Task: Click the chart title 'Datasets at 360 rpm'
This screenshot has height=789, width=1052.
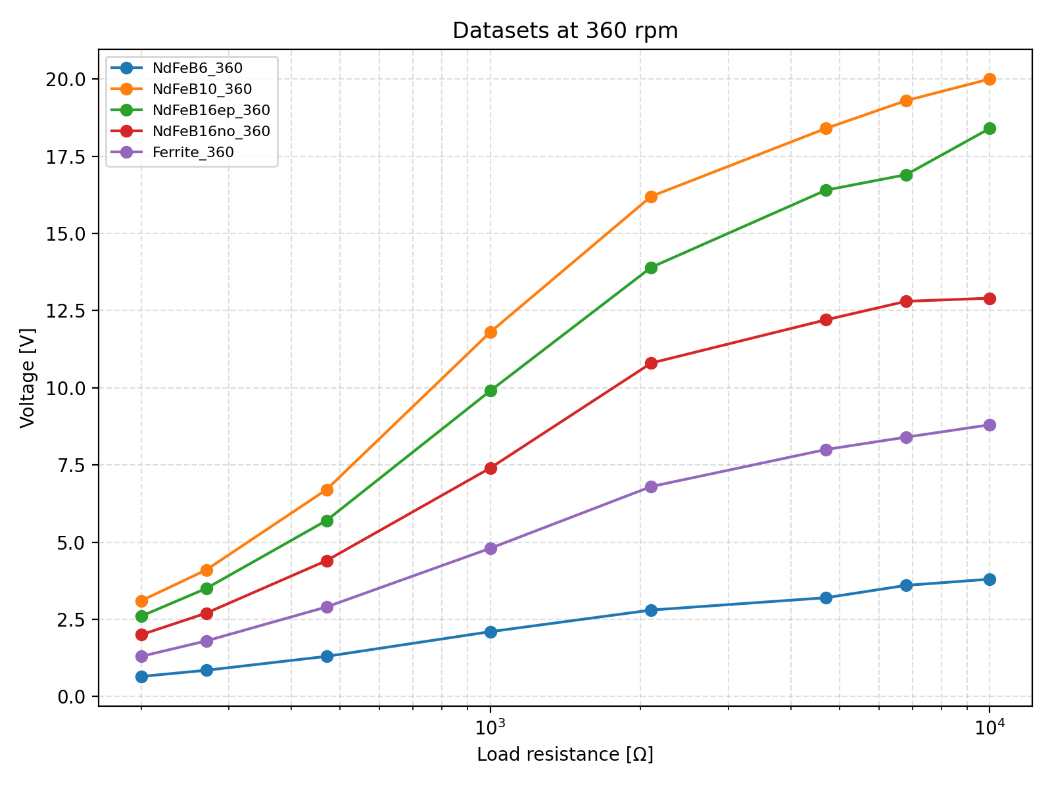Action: coord(565,31)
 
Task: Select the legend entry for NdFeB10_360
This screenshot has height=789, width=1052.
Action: coord(202,89)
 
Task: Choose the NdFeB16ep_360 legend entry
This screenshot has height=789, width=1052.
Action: coord(211,110)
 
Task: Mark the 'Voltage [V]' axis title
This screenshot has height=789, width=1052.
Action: coord(27,377)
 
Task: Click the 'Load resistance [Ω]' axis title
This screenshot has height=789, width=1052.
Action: coord(565,755)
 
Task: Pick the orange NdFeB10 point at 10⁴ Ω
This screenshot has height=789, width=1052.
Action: coord(990,80)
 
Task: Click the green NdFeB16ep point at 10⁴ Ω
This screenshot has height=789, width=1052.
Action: coord(990,129)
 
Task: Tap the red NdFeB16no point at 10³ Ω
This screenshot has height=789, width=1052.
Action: coord(490,468)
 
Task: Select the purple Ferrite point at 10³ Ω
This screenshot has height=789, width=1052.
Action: coord(490,548)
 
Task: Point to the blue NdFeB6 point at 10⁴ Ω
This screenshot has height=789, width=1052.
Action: coord(990,579)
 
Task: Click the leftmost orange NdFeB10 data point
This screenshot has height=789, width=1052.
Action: coord(141,601)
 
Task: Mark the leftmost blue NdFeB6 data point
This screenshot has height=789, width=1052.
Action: coord(141,677)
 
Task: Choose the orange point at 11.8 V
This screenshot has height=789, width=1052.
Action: coord(490,332)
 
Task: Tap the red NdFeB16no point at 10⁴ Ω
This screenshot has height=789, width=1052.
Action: coord(990,299)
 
